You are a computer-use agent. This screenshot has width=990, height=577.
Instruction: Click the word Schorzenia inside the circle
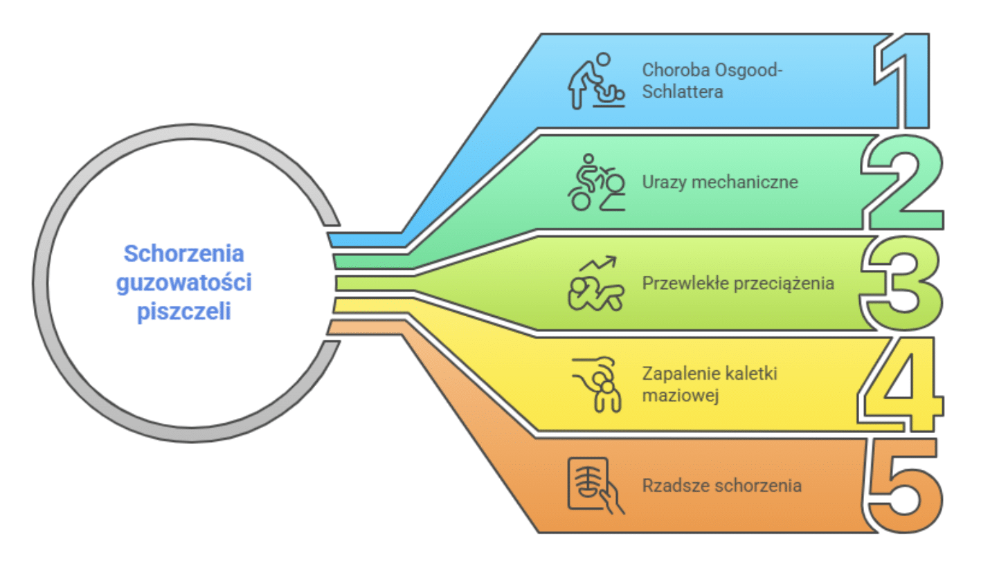[x=183, y=254]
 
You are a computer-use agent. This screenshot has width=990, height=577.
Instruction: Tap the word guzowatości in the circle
[x=183, y=282]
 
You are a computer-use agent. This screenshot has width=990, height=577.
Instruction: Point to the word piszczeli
[x=183, y=311]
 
